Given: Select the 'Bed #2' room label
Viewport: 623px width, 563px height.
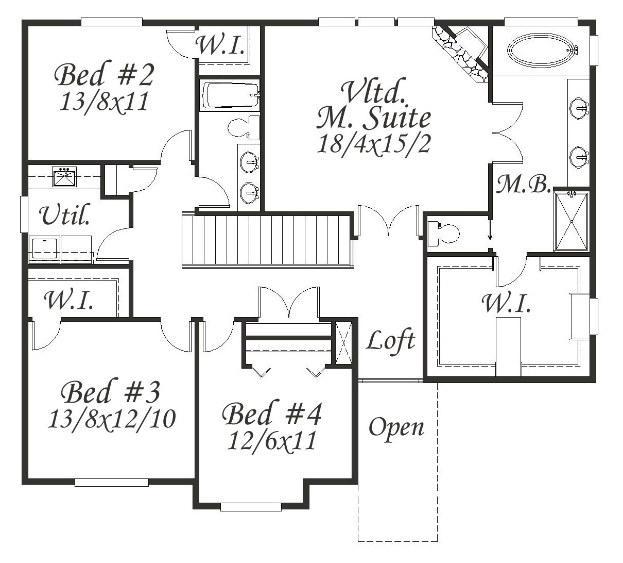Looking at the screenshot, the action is (103, 74).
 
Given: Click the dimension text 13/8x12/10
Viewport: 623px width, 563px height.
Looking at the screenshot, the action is (112, 419).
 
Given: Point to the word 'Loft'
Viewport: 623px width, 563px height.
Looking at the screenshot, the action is (390, 341).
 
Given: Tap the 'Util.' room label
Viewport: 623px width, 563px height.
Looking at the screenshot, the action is (64, 214).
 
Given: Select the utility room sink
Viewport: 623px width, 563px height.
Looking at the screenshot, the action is (64, 177).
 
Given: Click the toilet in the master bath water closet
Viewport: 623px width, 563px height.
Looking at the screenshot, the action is (443, 233).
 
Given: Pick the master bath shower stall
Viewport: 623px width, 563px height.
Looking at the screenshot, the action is (572, 221).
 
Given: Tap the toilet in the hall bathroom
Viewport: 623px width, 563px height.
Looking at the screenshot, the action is (245, 127).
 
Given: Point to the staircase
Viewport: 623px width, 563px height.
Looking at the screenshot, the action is (268, 240).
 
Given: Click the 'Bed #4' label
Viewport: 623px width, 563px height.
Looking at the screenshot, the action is (272, 413).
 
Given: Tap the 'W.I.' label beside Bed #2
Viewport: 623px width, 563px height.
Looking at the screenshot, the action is (219, 45).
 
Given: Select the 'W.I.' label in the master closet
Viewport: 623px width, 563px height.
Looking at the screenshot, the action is (506, 303).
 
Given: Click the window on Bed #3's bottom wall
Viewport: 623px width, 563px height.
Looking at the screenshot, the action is (112, 482).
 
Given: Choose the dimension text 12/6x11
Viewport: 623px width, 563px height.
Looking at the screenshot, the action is (272, 440).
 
